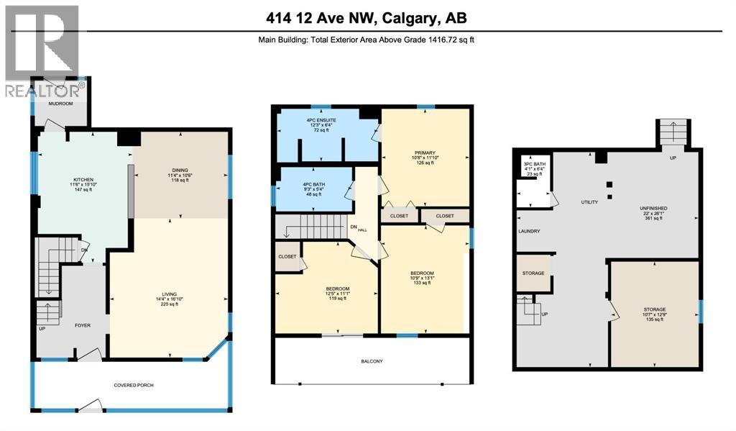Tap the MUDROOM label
click(x=59, y=104)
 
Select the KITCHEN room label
click(x=84, y=179)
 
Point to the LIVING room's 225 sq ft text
click(x=170, y=304)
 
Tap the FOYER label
click(x=84, y=325)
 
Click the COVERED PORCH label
click(x=134, y=385)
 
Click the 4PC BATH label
click(x=315, y=184)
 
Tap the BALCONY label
click(x=373, y=361)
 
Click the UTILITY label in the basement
click(x=589, y=203)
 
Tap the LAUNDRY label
click(x=528, y=231)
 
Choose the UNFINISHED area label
click(x=654, y=208)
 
